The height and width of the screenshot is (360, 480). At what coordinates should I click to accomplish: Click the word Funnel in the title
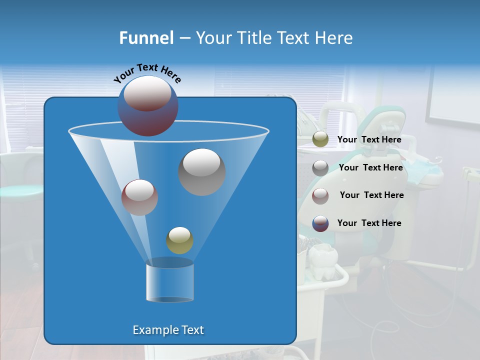146,38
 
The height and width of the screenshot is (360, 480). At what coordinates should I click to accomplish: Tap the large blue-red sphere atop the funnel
147,106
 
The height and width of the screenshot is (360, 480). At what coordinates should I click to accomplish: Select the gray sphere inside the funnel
201,171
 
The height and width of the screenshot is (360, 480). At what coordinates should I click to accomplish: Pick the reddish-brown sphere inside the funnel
139,197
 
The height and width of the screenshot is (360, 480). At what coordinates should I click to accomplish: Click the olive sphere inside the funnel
179,240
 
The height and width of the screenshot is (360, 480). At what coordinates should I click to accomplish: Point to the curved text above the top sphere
147,72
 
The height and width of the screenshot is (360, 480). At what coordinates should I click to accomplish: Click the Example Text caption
168,330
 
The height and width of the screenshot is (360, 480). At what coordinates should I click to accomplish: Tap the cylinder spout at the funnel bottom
169,281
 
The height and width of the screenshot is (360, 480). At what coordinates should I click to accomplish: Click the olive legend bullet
320,139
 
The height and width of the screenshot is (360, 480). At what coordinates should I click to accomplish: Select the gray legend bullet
320,167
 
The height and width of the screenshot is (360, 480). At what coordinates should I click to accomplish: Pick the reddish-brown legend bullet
320,195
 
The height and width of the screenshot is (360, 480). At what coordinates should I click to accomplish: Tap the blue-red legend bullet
320,223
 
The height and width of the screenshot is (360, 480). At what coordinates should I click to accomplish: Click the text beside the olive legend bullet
369,139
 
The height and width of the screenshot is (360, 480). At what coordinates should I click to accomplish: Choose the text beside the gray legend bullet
370,167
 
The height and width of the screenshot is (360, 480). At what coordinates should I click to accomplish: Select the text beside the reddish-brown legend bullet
371,195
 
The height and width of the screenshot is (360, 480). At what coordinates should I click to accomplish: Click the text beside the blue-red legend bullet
369,223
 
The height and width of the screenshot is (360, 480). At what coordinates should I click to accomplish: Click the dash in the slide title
184,38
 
